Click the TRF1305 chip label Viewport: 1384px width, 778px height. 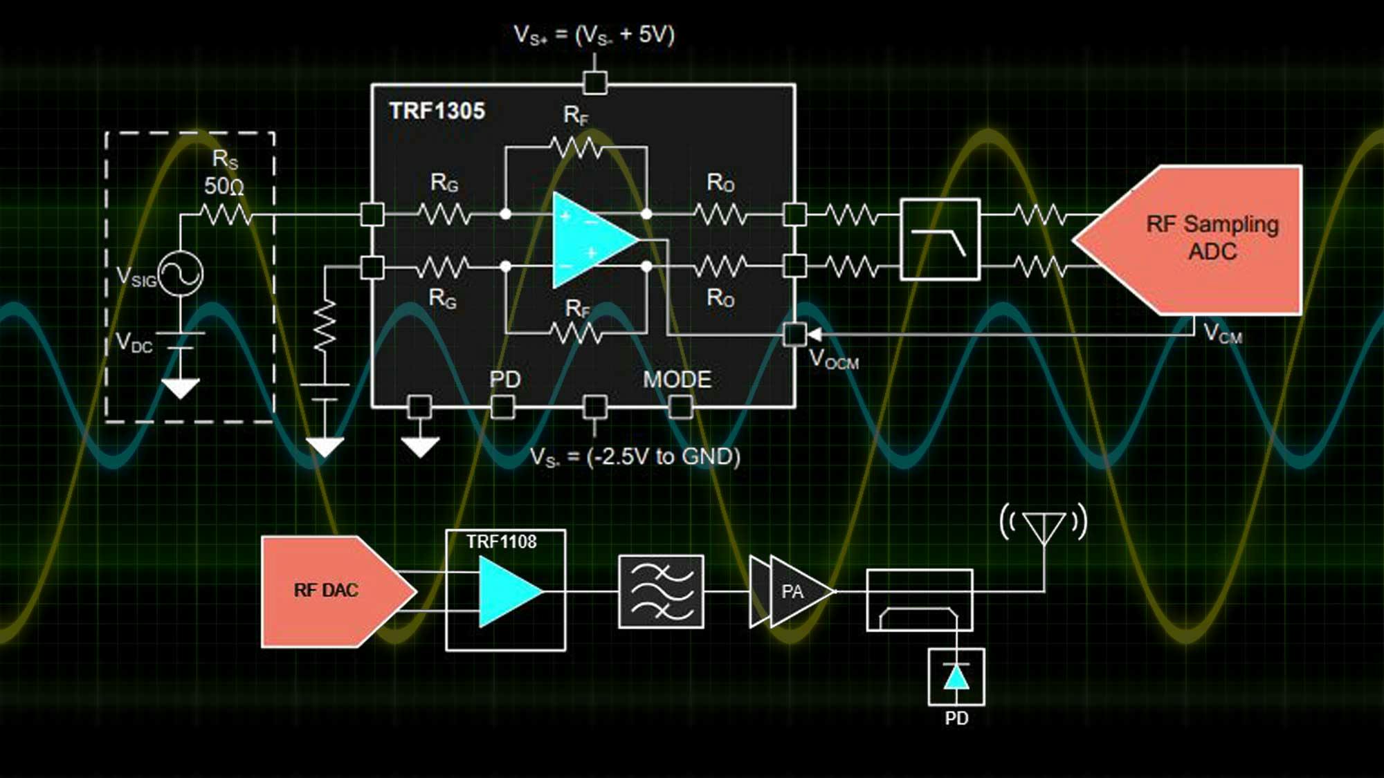(437, 111)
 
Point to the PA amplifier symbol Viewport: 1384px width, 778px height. (796, 591)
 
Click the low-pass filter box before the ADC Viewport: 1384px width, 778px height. (940, 239)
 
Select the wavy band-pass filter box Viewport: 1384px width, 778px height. (661, 591)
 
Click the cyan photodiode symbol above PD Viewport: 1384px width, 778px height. (956, 677)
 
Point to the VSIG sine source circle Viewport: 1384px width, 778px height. (181, 275)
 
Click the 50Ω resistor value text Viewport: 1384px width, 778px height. (224, 186)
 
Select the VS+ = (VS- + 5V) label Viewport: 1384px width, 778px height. (594, 35)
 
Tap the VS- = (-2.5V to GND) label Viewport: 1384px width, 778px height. (635, 457)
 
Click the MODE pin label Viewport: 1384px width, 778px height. (677, 380)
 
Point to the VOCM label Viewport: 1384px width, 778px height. (833, 360)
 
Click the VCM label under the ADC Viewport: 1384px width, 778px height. (1222, 334)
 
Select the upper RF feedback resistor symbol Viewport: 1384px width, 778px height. (576, 147)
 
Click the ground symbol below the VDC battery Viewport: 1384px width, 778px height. (181, 387)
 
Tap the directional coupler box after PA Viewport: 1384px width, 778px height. (919, 600)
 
